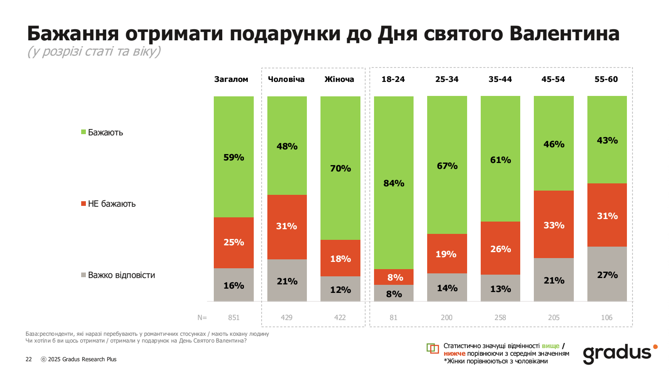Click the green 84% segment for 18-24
(394, 183)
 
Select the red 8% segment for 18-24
(394, 277)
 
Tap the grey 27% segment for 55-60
(607, 274)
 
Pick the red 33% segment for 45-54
(553, 225)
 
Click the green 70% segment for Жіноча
(340, 168)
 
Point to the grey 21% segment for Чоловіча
(287, 281)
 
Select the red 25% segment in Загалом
(233, 242)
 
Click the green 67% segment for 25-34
(447, 165)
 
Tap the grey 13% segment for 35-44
(500, 288)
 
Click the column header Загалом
(231, 79)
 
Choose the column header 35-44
(500, 79)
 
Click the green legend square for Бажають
(84, 132)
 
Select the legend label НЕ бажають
(111, 204)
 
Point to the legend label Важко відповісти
(121, 275)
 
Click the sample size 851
(234, 318)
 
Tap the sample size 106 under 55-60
(607, 318)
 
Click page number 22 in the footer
(28, 359)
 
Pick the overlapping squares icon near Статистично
(432, 349)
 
